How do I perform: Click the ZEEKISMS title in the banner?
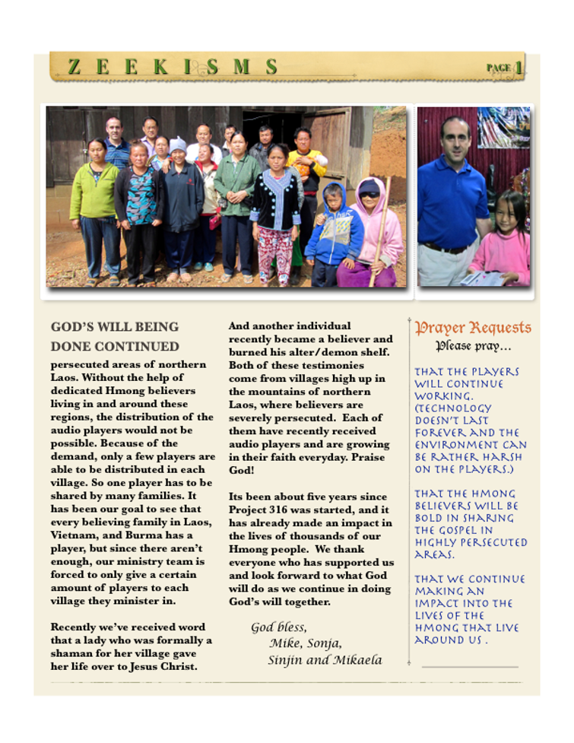[x=173, y=67]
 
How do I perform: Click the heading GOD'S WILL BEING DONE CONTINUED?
[x=115, y=336]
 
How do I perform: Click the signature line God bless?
[x=279, y=627]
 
